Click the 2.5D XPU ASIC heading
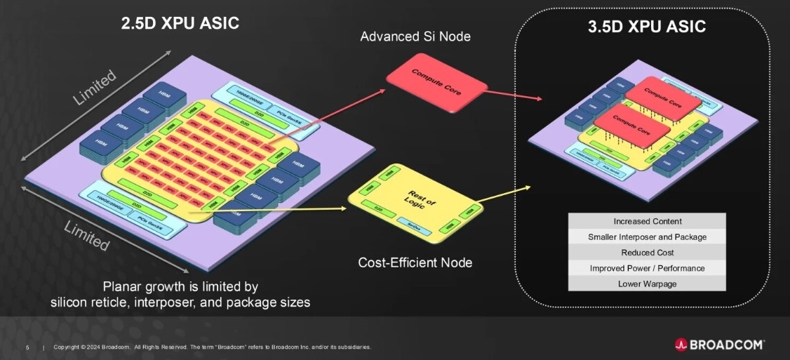180,23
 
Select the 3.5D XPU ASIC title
646,27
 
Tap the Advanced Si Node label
415,36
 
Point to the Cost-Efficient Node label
415,263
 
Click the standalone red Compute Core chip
436,83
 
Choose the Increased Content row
647,222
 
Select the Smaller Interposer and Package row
647,237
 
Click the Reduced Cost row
647,253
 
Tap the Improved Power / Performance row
647,268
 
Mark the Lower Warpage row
647,284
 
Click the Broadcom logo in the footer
719,345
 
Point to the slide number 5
27,347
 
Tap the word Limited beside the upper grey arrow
94,87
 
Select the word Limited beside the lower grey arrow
86,236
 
